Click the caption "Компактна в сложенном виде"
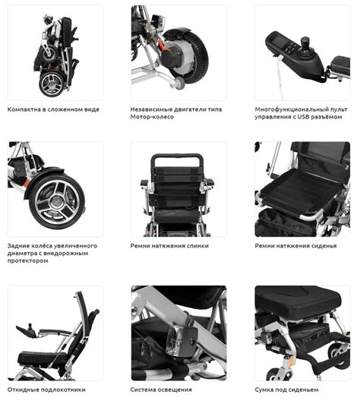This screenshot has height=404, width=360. pos(53,109)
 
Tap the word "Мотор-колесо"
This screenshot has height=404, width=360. pos(152,117)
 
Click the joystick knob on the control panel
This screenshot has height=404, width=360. pos(305,42)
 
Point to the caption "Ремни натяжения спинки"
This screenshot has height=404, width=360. pos(169,246)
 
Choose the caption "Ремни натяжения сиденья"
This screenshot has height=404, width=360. pos(295,246)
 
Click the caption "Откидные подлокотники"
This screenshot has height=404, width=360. pos(46,390)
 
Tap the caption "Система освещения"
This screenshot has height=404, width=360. pos(161,390)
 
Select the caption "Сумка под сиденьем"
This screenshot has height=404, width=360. pos(286,390)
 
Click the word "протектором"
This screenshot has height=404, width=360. pos(28,260)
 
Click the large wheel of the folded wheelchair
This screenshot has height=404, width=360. pos(52,84)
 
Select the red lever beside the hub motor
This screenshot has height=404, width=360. pos(162,46)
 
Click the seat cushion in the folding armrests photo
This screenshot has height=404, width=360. pos(43,358)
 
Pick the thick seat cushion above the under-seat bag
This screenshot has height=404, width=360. pos(298,301)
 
